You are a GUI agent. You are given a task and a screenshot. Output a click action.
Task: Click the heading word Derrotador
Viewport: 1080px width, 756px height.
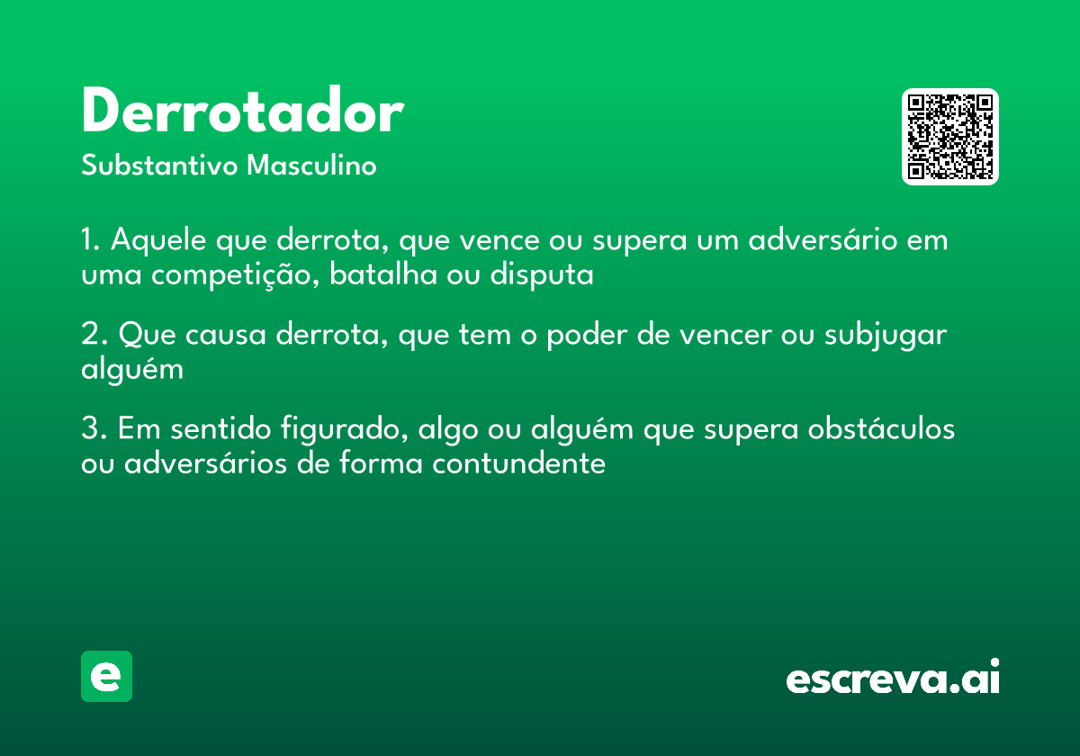pos(242,113)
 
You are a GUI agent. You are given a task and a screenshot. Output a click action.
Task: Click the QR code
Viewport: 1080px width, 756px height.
pos(950,137)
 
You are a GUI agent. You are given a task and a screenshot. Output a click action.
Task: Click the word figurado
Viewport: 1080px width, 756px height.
pos(340,430)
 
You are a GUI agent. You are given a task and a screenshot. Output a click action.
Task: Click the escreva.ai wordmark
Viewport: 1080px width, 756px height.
pos(893,678)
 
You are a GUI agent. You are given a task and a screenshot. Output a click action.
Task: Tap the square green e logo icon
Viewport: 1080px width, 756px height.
pos(106,677)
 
